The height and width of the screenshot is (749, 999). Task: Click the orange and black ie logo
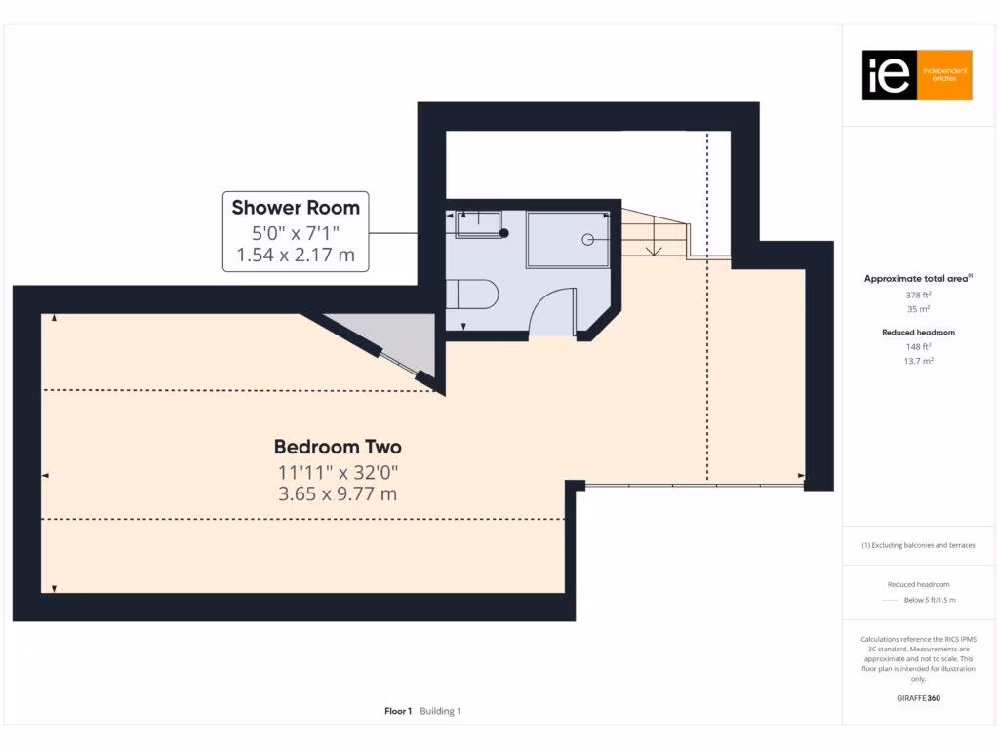tap(917, 75)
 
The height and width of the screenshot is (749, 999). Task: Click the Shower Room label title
tap(296, 207)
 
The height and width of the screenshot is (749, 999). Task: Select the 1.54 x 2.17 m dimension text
tap(296, 256)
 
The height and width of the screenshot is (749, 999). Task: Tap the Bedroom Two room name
tap(338, 447)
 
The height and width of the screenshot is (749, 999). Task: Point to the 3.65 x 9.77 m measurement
tap(338, 493)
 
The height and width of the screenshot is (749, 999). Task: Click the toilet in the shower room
tap(473, 293)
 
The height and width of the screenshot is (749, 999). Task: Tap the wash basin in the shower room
tap(478, 225)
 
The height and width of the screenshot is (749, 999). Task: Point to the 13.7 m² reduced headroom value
tap(917, 361)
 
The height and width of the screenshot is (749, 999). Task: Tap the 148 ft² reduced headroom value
tap(917, 346)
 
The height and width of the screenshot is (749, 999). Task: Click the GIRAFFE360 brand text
tap(917, 698)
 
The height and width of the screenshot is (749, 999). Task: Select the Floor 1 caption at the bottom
tap(398, 711)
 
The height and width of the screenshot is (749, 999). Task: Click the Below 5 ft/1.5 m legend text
tap(930, 600)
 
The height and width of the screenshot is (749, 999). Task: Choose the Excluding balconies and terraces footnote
tap(917, 545)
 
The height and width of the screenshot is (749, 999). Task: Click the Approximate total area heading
tap(917, 279)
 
